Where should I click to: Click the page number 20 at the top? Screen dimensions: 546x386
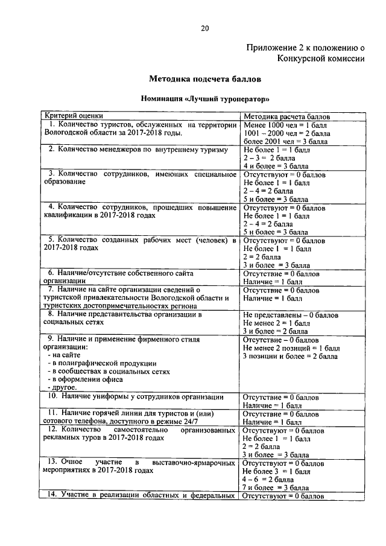point(205,27)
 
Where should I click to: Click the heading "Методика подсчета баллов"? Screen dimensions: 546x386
point(205,78)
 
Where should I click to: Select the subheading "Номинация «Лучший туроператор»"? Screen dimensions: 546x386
point(205,98)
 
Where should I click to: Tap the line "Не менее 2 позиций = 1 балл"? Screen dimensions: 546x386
point(291,349)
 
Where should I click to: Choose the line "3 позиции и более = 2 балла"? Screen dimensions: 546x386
point(289,357)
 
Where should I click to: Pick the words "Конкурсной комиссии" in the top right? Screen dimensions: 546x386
point(321,59)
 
